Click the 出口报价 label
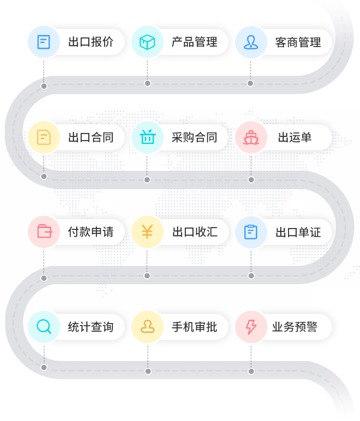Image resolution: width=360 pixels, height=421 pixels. (91, 42)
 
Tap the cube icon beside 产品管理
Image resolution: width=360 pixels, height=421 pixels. (147, 42)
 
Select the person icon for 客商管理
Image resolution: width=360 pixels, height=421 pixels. (251, 42)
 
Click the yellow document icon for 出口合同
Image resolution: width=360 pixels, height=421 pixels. (44, 137)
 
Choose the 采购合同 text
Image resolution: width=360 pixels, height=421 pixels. (194, 137)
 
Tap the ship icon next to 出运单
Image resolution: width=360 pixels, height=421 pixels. (251, 137)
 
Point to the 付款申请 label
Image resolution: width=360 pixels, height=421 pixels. (91, 232)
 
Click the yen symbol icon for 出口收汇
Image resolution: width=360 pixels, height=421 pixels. (147, 232)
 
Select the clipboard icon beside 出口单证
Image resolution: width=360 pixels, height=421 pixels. (251, 232)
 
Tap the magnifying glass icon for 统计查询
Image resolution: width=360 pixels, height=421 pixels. (44, 327)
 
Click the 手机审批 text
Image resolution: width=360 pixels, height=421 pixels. (194, 327)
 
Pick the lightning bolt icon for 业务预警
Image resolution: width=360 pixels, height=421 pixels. (251, 327)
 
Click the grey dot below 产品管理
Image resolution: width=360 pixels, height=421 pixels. (147, 84)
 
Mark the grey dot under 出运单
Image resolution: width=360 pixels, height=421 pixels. (251, 180)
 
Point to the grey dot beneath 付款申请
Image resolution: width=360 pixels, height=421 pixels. (44, 278)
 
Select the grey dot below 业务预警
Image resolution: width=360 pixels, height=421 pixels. (251, 371)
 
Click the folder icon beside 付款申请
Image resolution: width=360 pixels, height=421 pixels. (44, 232)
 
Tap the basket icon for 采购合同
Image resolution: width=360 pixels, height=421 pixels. (147, 137)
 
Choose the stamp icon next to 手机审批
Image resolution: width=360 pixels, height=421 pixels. (147, 327)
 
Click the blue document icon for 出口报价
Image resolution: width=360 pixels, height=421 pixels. (44, 42)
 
